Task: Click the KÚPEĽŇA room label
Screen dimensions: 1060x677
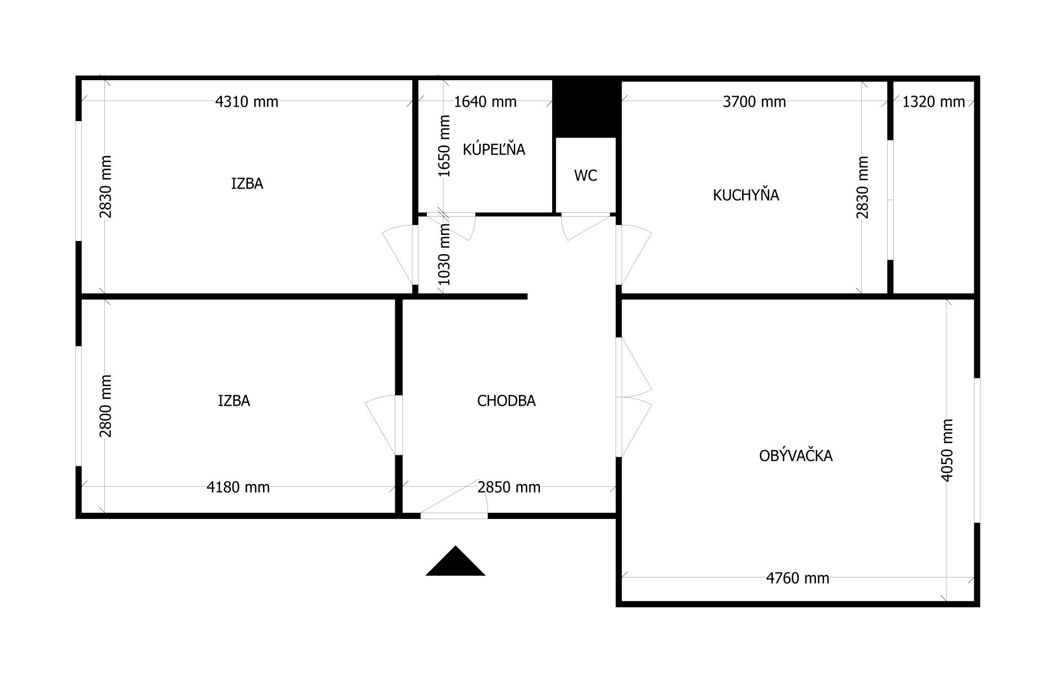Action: pyautogui.click(x=494, y=149)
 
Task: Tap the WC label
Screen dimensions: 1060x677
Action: pyautogui.click(x=585, y=176)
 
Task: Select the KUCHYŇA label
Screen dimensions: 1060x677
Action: pyautogui.click(x=746, y=195)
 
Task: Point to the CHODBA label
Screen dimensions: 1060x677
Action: pyautogui.click(x=506, y=401)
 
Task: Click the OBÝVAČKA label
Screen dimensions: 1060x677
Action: pyautogui.click(x=796, y=455)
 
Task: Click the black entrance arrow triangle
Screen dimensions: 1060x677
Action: pyautogui.click(x=455, y=561)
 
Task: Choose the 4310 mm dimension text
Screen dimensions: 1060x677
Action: pyautogui.click(x=246, y=102)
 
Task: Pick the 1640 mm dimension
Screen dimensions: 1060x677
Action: pyautogui.click(x=485, y=102)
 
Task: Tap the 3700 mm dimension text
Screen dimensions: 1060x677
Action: pyautogui.click(x=754, y=102)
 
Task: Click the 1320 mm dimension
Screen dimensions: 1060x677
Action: pyautogui.click(x=934, y=102)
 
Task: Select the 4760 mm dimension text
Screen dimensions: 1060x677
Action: pyautogui.click(x=798, y=578)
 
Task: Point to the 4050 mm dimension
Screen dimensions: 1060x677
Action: pyautogui.click(x=947, y=450)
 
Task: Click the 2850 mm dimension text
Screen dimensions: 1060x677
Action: pyautogui.click(x=509, y=487)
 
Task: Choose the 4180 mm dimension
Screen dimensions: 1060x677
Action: pyautogui.click(x=238, y=487)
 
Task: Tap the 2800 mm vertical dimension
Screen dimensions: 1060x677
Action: pyautogui.click(x=105, y=406)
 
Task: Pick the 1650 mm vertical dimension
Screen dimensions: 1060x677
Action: pyautogui.click(x=444, y=146)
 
